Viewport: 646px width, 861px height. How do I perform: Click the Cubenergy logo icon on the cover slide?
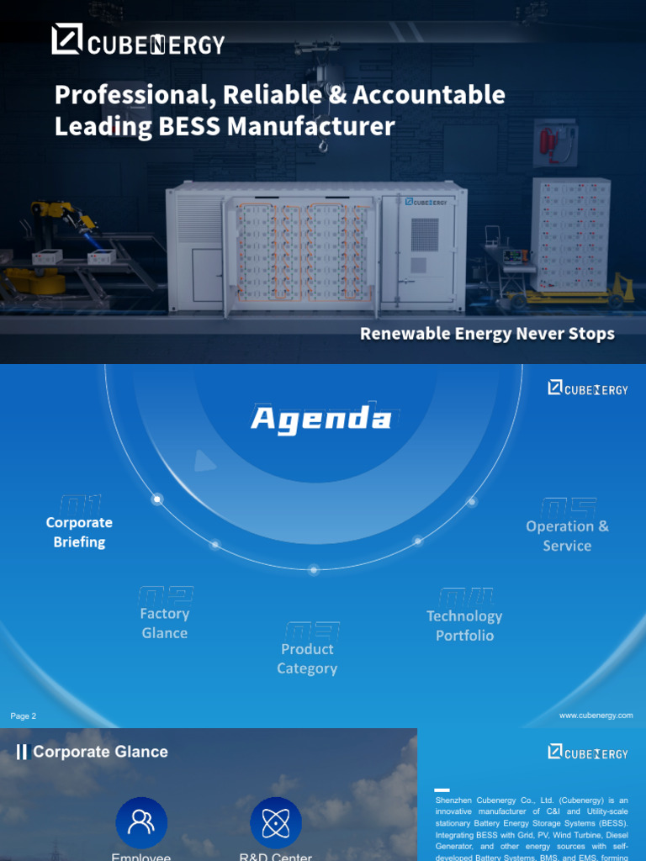coord(66,40)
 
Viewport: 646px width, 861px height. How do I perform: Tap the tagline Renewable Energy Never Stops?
coord(487,334)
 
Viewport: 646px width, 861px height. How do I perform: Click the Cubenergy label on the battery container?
coord(426,202)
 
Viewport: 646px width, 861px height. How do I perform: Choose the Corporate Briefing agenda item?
coord(79,531)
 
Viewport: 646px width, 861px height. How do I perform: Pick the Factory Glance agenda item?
coord(165,623)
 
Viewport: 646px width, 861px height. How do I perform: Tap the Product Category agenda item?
coord(307,658)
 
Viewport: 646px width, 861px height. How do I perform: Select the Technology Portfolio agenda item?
coord(464,626)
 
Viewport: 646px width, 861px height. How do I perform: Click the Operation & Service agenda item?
coord(567,536)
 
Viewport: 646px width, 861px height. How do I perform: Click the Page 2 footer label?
coord(24,716)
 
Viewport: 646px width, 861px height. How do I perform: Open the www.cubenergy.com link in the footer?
coord(596,716)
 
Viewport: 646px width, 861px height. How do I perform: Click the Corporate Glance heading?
coord(100,752)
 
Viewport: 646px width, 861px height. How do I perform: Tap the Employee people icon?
coord(141,823)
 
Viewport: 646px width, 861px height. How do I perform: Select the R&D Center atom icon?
coord(276,823)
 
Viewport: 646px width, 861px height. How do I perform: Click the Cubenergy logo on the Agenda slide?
coord(587,388)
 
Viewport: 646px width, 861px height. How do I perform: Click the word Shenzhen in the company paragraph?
coord(453,800)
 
